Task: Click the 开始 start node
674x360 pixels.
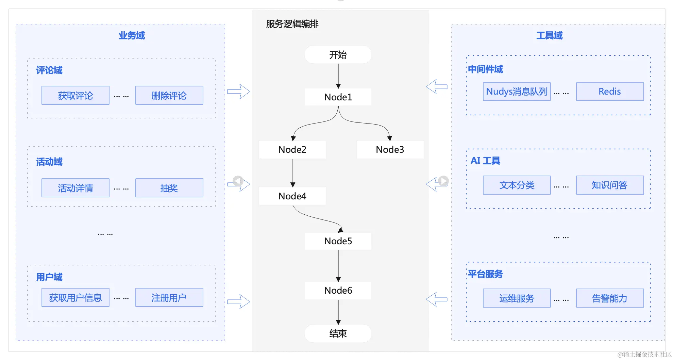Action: tap(338, 54)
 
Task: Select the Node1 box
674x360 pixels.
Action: tap(338, 97)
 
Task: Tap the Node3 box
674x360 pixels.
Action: tap(390, 149)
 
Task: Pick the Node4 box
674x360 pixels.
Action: tap(292, 196)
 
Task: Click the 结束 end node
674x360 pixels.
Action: tap(338, 333)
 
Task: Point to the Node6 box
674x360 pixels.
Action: tap(338, 290)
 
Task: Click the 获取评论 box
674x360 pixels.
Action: tap(75, 95)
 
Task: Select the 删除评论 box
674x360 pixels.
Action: tap(169, 95)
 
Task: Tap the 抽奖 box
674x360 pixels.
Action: tap(169, 188)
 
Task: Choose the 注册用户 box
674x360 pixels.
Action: tap(169, 297)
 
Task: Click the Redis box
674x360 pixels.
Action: tap(610, 92)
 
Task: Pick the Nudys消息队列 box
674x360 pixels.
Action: tap(517, 92)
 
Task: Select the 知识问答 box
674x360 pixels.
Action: tap(610, 185)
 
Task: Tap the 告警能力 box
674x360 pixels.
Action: tap(610, 298)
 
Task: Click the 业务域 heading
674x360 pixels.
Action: tap(132, 35)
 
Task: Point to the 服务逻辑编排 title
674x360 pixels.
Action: tap(292, 24)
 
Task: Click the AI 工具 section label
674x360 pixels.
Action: tap(485, 161)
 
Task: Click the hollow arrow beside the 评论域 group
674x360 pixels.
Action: tap(238, 92)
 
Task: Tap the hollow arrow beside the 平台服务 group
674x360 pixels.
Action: tap(437, 299)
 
